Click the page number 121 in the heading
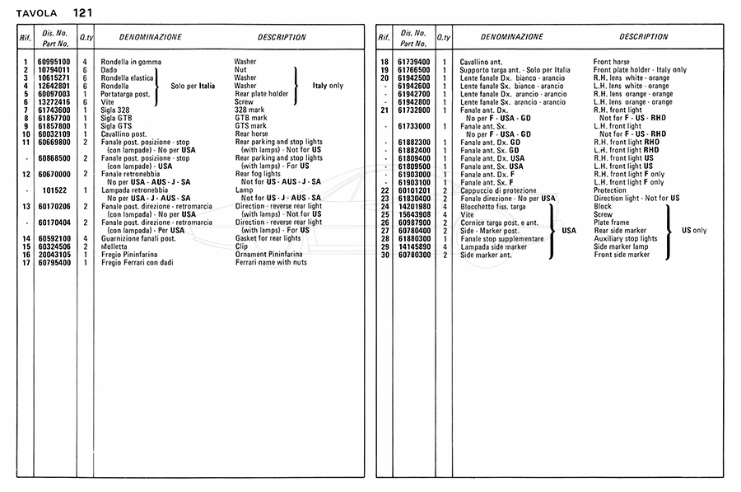coord(82,12)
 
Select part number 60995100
coord(54,62)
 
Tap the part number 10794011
coord(54,70)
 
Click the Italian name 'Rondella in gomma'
coord(131,62)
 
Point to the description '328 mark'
coord(250,110)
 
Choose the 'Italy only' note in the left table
coord(328,86)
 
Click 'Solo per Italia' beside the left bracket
coord(193,86)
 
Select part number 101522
coord(54,190)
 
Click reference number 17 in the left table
coord(26,262)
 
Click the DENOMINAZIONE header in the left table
coord(151,38)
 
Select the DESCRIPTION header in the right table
coord(643,37)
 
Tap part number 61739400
coord(414,62)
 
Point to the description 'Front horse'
coord(611,62)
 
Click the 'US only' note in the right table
coord(693,231)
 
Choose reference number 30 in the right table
coord(384,255)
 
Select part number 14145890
coord(414,246)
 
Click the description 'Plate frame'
coord(613,223)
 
